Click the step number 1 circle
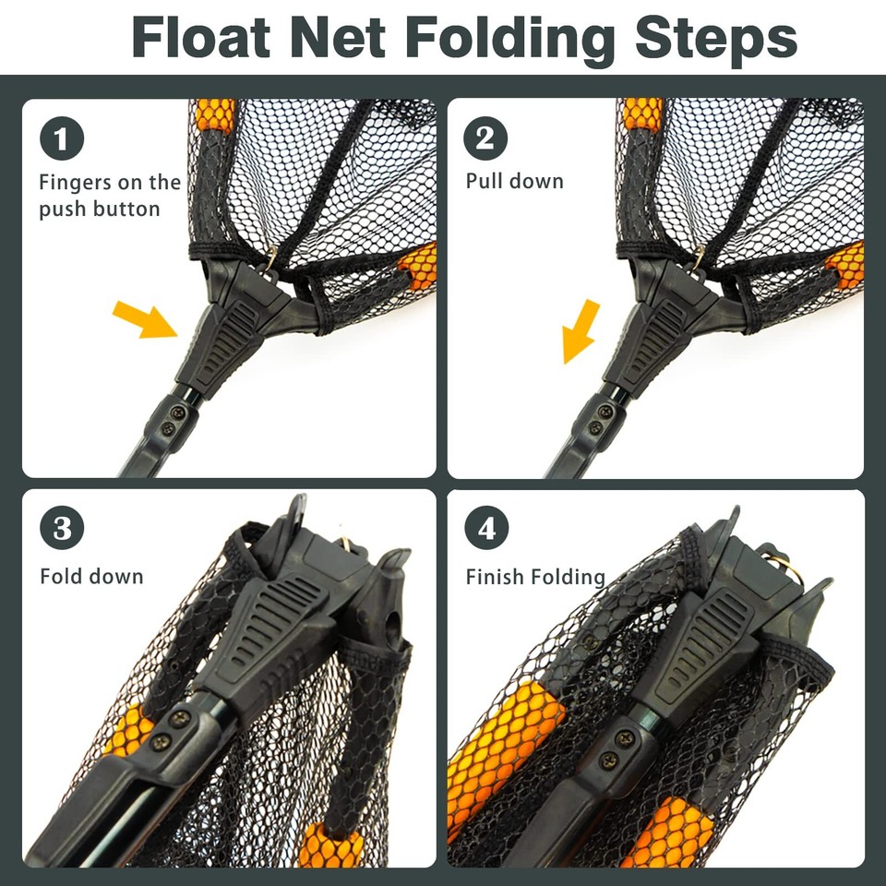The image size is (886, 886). [x=62, y=140]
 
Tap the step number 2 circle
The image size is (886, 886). [x=485, y=140]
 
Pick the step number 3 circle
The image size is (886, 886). [x=62, y=530]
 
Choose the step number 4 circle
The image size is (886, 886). [x=485, y=530]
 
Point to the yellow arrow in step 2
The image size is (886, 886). [x=581, y=330]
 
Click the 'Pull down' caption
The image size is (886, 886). [x=514, y=181]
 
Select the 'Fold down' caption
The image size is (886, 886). [x=91, y=577]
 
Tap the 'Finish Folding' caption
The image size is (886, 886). [x=534, y=577]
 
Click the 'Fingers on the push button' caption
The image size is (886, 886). [x=109, y=196]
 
